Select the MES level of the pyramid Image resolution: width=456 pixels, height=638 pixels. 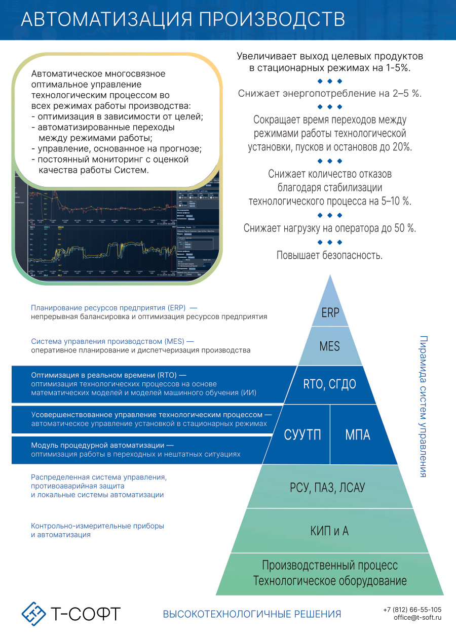[330, 347]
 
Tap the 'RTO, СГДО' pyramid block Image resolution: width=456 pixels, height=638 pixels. [330, 384]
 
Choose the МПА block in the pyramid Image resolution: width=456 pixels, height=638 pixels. [358, 434]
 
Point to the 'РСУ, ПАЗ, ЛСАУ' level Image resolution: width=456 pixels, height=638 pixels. [330, 488]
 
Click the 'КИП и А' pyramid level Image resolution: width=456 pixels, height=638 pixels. [330, 531]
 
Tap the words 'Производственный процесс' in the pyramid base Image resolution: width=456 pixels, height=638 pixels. [330, 565]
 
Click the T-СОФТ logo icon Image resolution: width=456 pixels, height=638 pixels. [34, 614]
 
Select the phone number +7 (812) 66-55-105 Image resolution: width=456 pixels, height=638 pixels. [412, 610]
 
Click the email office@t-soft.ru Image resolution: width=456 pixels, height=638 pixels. [417, 618]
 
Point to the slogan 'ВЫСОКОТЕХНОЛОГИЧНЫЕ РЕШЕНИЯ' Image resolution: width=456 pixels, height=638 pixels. [252, 614]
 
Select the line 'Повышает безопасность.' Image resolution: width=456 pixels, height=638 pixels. [329, 255]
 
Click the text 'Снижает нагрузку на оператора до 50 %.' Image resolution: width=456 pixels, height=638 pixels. [329, 228]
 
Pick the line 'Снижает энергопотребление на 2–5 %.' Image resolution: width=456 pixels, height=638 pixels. [329, 94]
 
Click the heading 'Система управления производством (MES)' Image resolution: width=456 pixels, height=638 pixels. [112, 341]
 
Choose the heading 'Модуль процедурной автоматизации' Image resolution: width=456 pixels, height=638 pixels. [98, 446]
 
